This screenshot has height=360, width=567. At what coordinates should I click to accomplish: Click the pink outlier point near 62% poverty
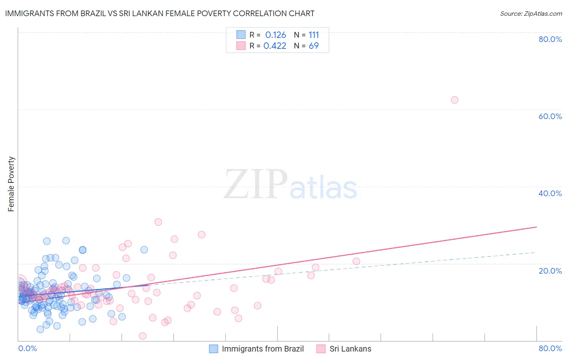(454, 100)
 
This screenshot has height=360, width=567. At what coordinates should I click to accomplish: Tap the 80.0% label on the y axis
(550, 39)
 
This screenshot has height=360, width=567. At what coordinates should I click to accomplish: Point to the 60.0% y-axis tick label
(550, 116)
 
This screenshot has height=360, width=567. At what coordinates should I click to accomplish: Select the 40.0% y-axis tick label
(550, 193)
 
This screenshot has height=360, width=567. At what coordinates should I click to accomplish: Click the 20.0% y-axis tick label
(550, 270)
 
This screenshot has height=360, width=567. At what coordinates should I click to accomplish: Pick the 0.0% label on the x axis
(27, 348)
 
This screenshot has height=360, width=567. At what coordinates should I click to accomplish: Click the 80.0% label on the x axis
(550, 348)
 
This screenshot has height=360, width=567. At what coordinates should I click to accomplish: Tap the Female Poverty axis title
(11, 184)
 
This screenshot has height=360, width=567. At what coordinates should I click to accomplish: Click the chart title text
(160, 13)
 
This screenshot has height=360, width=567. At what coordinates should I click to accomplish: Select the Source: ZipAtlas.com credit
(531, 13)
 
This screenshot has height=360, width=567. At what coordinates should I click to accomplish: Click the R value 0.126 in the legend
(275, 35)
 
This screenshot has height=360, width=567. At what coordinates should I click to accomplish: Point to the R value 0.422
(275, 46)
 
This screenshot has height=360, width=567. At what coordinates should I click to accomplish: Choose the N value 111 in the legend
(314, 35)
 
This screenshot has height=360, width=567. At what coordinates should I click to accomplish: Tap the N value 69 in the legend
(314, 46)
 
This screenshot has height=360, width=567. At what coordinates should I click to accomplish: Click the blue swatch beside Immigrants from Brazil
(213, 349)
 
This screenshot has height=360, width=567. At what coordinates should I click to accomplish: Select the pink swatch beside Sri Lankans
(321, 349)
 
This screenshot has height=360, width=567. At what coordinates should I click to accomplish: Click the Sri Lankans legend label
(350, 349)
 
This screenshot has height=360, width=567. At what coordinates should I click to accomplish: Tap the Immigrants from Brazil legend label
(263, 349)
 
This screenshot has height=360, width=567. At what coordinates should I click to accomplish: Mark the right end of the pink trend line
(536, 227)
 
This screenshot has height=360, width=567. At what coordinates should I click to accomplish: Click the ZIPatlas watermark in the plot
(290, 184)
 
